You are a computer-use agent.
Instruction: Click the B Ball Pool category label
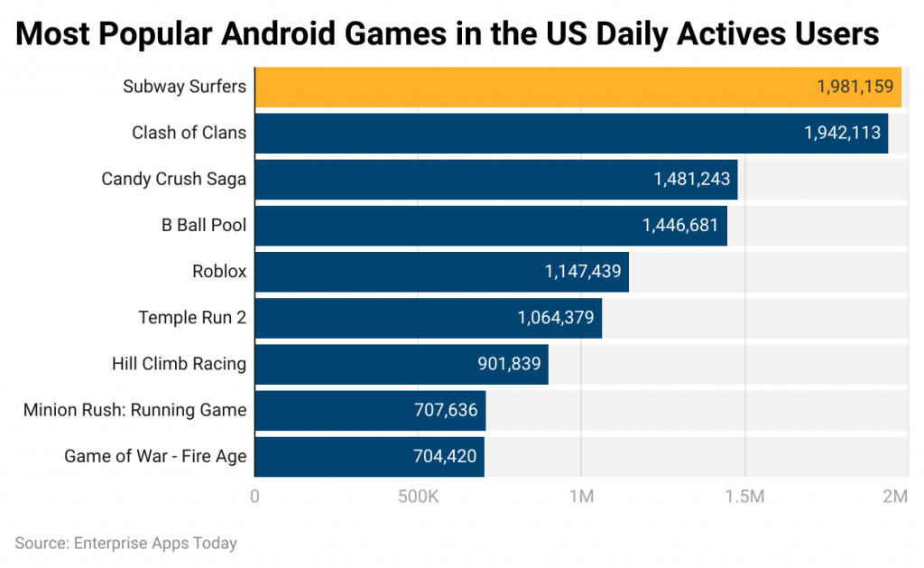[203, 225]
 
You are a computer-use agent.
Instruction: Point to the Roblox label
[218, 271]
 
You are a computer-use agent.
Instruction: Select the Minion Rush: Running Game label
[134, 410]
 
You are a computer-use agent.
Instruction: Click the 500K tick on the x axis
[418, 497]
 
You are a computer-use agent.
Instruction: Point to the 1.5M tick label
[745, 497]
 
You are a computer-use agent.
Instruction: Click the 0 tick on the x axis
[255, 497]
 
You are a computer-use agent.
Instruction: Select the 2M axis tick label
[895, 497]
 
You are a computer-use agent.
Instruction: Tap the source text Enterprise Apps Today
[154, 544]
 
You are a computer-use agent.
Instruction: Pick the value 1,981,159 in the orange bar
[855, 87]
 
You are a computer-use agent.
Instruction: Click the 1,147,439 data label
[583, 271]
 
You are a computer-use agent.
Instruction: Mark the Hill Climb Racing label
[179, 364]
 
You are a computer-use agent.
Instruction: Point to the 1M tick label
[581, 497]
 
